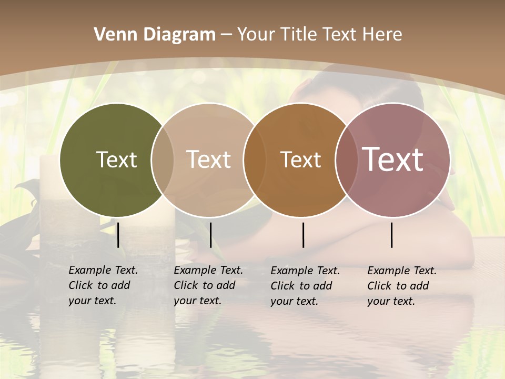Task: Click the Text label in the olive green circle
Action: [116, 159]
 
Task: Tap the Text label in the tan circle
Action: [209, 159]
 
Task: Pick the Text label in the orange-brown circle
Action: [300, 159]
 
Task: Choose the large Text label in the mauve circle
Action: [393, 159]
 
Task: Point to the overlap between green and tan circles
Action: [163, 159]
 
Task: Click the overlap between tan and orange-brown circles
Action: [254, 159]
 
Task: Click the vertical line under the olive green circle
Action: [118, 235]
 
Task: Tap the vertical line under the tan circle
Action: [211, 235]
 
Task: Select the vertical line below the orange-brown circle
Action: [304, 235]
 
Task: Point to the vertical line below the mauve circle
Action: [392, 235]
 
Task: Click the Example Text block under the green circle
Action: [103, 285]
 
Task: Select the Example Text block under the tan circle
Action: [208, 285]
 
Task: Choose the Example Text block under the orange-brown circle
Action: [305, 286]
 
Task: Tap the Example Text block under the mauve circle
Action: [402, 286]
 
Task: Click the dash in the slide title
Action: [227, 35]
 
